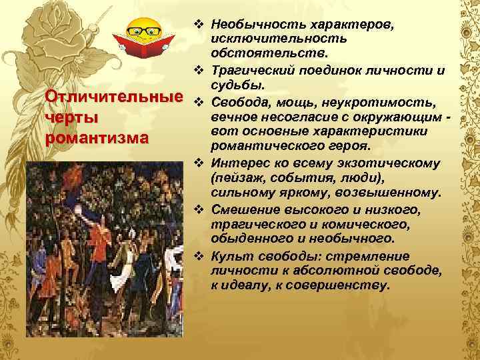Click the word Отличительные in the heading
(x=113, y=99)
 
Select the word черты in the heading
(x=70, y=118)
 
